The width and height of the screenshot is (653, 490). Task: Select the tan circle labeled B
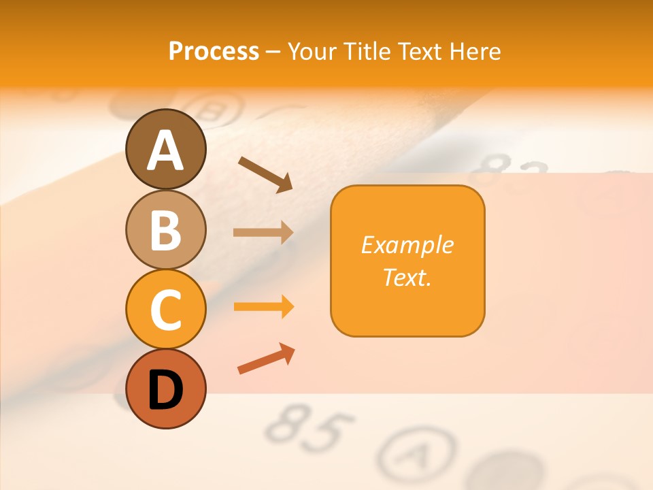tap(166, 229)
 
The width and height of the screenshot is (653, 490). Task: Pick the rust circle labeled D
tap(166, 389)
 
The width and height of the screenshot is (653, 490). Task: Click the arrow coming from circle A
tap(265, 174)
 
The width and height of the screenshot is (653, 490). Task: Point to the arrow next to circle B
tap(263, 232)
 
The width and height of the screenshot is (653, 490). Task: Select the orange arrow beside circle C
tap(263, 307)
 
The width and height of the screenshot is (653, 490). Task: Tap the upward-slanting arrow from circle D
tap(266, 359)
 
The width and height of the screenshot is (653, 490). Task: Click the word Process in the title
tap(214, 51)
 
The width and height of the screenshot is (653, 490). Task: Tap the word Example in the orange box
tap(407, 245)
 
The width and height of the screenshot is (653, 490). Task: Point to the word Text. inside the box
tap(407, 277)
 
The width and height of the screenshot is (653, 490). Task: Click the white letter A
tap(166, 151)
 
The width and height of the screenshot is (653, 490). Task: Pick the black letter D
tap(166, 390)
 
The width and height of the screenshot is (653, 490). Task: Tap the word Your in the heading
tap(312, 51)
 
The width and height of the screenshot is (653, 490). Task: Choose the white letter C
tap(166, 310)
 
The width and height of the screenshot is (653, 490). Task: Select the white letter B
tap(166, 231)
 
